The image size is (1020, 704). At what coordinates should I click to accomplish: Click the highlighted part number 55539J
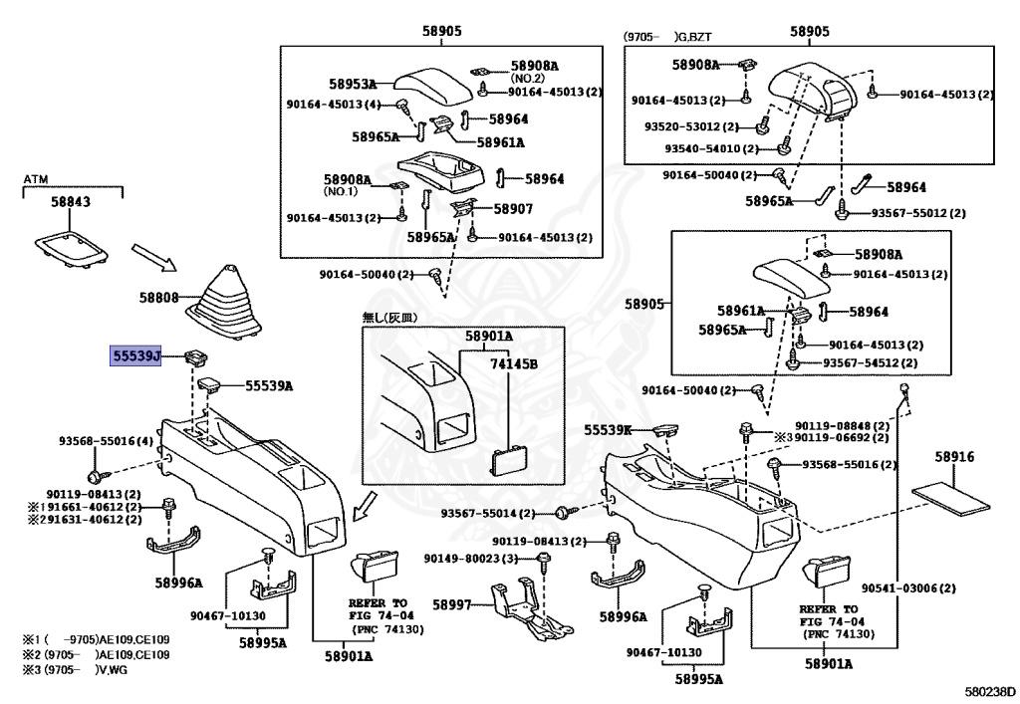(135, 356)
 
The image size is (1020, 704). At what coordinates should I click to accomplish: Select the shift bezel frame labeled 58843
(72, 248)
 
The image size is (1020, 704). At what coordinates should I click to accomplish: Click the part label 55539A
(269, 386)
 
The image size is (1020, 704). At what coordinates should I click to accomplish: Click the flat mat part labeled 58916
(950, 497)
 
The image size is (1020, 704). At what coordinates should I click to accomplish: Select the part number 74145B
(514, 363)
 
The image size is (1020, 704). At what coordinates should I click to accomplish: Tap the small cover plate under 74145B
(508, 460)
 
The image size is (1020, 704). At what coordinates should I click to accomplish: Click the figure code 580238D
(989, 691)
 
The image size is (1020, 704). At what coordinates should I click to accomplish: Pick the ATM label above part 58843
(36, 179)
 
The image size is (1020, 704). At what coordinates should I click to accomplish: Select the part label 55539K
(608, 430)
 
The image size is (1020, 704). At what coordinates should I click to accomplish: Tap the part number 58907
(513, 209)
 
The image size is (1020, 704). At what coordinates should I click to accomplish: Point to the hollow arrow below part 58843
(154, 258)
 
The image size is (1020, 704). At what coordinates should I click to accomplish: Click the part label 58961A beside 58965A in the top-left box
(500, 142)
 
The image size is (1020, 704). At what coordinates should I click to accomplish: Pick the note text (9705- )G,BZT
(667, 37)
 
